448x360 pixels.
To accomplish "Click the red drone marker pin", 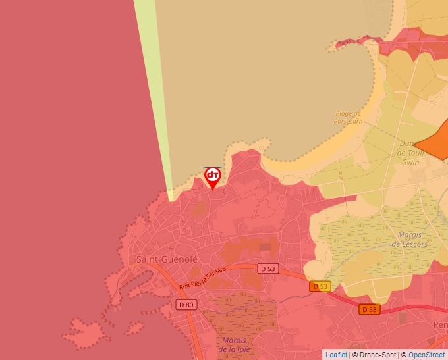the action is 212,176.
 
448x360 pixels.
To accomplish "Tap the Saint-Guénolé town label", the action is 167,259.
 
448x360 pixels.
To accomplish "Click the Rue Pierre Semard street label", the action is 202,278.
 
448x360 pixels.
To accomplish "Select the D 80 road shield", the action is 186,305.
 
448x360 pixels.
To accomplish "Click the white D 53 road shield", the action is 267,269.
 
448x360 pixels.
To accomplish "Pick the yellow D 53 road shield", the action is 320,286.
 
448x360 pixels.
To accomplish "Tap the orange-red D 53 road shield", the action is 370,309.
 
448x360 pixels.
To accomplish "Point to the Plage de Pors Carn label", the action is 349,117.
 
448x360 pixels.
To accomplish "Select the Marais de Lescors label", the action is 409,239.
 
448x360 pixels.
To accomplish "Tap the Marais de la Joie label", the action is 235,344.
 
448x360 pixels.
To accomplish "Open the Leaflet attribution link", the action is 336,355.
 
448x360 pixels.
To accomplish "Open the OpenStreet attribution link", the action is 426,355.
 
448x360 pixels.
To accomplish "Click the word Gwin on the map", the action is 410,162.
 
